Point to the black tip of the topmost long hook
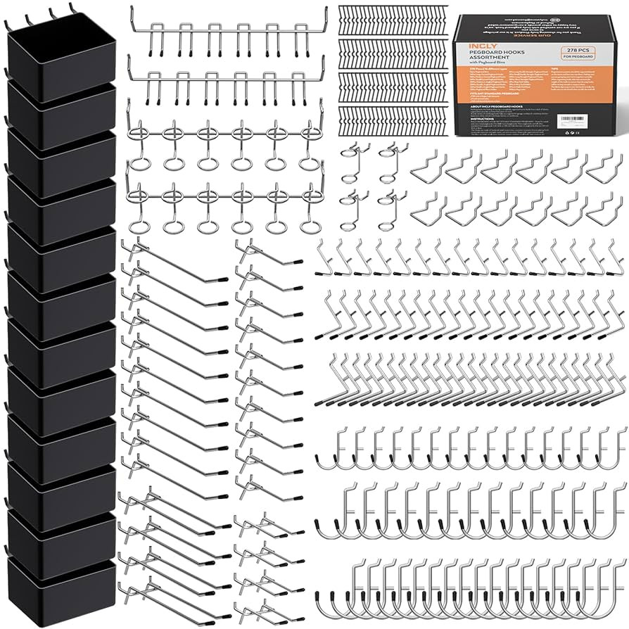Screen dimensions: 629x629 tap(222, 279)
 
